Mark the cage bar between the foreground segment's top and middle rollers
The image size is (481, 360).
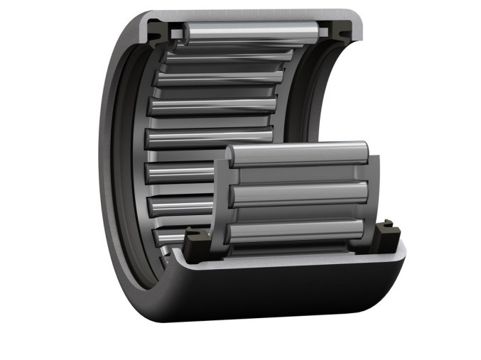click(x=298, y=175)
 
